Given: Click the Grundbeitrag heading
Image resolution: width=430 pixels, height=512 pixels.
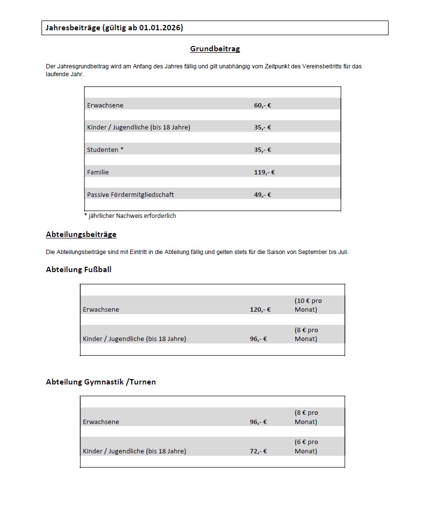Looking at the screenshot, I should pyautogui.click(x=215, y=49).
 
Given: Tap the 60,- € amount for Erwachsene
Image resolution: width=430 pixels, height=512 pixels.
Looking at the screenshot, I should pyautogui.click(x=263, y=105).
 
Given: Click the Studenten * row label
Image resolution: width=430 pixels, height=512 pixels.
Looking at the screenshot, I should pyautogui.click(x=105, y=150).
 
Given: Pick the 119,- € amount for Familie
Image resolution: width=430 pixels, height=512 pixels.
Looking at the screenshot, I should pyautogui.click(x=264, y=172).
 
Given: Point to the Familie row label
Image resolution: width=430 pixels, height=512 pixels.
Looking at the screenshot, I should pyautogui.click(x=98, y=172).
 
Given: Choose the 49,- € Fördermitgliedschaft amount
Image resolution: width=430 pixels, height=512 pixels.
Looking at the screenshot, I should pyautogui.click(x=263, y=195).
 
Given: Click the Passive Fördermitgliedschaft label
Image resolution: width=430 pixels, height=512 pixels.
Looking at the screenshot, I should pyautogui.click(x=130, y=195).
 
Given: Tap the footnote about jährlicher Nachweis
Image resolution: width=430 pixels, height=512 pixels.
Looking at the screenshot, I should pyautogui.click(x=130, y=216).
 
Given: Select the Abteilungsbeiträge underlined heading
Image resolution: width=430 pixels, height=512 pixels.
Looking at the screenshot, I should pyautogui.click(x=81, y=235).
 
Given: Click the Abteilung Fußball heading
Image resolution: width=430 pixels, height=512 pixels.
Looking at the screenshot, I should pyautogui.click(x=79, y=269).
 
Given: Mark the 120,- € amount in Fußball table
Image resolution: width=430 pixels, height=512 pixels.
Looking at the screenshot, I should pyautogui.click(x=260, y=310).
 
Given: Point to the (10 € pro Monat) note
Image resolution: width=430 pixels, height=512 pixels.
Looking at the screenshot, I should pyautogui.click(x=308, y=305).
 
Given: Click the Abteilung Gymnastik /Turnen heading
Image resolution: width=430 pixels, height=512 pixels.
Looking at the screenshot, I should pyautogui.click(x=101, y=382).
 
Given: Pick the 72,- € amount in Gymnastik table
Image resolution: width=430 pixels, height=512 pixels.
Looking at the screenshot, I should pyautogui.click(x=258, y=451).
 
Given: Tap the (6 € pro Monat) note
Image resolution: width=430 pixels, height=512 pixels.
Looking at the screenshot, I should pyautogui.click(x=306, y=447).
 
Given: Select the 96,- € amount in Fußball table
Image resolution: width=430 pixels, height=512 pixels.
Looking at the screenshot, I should pyautogui.click(x=258, y=339).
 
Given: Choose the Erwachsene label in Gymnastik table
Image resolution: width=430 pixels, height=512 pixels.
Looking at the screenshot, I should pyautogui.click(x=101, y=422).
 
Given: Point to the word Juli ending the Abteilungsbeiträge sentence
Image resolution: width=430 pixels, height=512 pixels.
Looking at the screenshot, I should pyautogui.click(x=343, y=253).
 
